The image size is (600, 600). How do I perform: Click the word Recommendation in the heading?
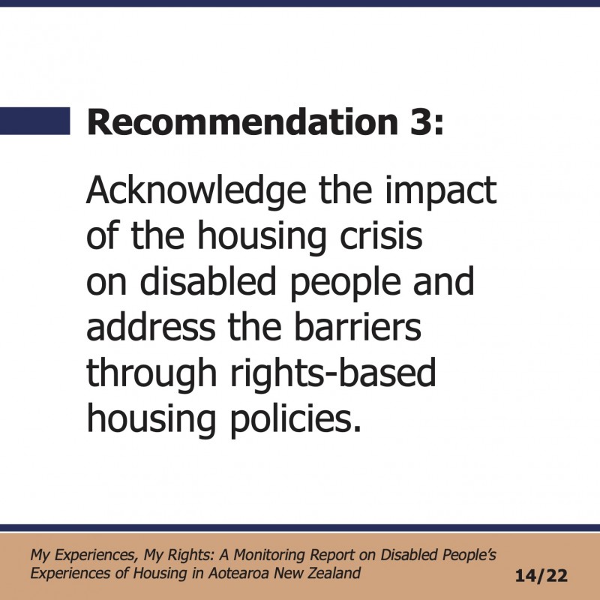coord(242,121)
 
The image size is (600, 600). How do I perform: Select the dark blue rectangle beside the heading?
coord(34,121)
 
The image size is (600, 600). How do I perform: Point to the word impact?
coord(440,191)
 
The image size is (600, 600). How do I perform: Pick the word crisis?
coord(381,235)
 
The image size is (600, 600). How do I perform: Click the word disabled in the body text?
coord(208,281)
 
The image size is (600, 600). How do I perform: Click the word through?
coord(151,374)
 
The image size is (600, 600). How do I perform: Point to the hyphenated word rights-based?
coord(333,374)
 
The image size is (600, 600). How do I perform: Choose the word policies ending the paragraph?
coord(295,420)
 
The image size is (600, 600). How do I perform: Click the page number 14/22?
coord(541,576)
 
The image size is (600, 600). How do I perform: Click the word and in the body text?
coord(443,281)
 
